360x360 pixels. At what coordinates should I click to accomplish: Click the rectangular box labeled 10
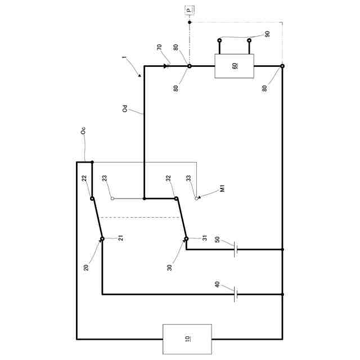(187, 339)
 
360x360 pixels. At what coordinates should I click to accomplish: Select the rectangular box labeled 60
(235, 66)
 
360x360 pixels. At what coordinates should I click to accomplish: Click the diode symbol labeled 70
(166, 66)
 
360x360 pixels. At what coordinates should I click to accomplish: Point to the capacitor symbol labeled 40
(236, 294)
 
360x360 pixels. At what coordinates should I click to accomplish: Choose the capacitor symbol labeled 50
(236, 249)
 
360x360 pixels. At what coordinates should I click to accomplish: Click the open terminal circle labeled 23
(112, 199)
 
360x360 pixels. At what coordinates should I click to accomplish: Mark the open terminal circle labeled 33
(196, 199)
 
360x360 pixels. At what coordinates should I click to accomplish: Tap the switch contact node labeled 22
(92, 198)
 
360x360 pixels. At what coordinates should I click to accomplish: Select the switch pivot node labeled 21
(102, 239)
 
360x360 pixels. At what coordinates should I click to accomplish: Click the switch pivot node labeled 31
(186, 239)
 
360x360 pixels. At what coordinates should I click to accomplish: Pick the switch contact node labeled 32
(175, 198)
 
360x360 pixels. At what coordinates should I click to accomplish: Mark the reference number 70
(160, 49)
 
